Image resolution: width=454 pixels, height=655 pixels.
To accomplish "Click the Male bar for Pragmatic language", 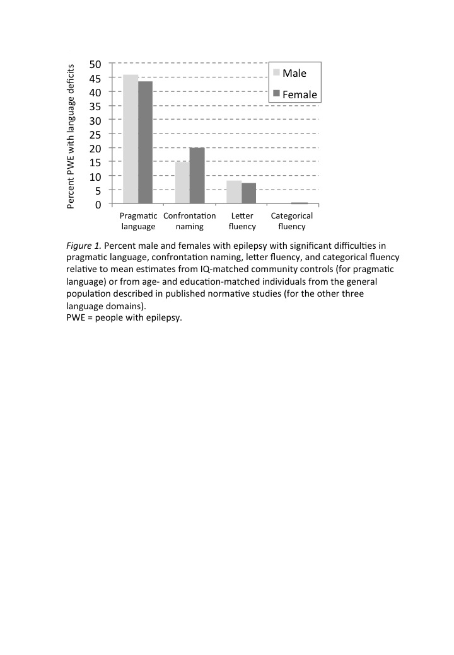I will point(131,139).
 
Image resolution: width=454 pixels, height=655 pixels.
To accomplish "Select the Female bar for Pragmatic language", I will point(146,142).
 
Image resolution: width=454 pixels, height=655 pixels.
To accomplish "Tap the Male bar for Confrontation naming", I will point(182,183).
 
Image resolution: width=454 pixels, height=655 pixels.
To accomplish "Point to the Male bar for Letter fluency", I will point(234,192).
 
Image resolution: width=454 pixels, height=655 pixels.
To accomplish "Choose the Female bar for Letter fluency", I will point(249,193).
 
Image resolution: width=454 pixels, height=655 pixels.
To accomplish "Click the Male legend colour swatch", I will point(276,73).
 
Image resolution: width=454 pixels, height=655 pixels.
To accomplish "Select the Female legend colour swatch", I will point(276,94).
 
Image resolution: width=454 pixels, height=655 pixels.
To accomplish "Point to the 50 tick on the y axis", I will point(96,64).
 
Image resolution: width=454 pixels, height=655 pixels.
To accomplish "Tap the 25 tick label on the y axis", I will point(96,134).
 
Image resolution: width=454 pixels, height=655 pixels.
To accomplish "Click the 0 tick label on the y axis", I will point(99,204).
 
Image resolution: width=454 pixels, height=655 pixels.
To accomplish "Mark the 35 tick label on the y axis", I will point(96,106).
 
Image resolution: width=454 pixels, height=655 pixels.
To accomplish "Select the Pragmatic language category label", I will point(138,221).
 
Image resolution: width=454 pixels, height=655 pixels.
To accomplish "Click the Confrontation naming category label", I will point(189,221).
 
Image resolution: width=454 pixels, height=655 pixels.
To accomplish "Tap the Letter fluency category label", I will point(242,221).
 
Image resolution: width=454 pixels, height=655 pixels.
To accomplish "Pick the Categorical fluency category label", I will point(292,221).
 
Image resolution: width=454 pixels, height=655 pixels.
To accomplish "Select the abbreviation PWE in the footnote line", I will point(76,317).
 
